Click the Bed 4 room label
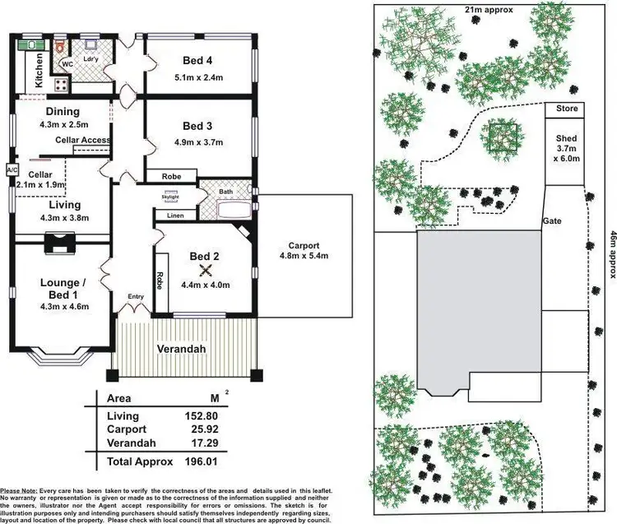click(198, 59)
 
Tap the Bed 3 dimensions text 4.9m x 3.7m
click(197, 141)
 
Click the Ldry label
click(91, 58)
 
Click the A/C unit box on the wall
click(12, 169)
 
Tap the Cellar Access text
click(83, 141)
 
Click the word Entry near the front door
click(136, 298)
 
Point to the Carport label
click(304, 245)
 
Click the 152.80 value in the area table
click(205, 416)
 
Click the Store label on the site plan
click(567, 109)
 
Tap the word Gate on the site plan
click(551, 222)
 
